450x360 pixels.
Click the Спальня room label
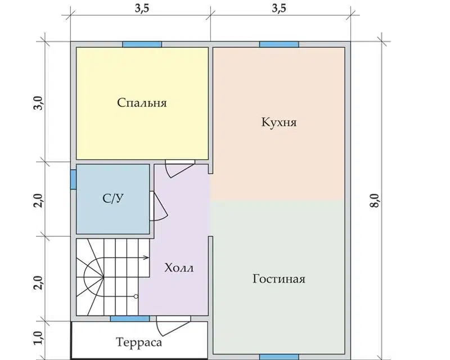tap(142, 102)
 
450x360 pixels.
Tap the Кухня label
tap(278, 122)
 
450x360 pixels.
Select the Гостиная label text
tap(278, 279)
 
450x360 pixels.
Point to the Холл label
tap(179, 268)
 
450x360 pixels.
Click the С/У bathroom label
tap(113, 198)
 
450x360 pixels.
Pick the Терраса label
tap(139, 342)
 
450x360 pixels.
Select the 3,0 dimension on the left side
tap(39, 102)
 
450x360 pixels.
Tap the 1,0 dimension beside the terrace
tap(39, 338)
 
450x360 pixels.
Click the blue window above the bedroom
tap(142, 44)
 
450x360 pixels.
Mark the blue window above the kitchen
tap(279, 44)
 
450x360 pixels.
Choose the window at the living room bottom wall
tap(279, 357)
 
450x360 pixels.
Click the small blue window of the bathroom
tap(74, 179)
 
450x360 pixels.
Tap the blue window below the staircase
tap(130, 318)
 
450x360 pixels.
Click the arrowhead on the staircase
tap(146, 258)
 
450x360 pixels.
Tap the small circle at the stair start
tap(136, 296)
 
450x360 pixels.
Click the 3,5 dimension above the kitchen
tap(279, 8)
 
